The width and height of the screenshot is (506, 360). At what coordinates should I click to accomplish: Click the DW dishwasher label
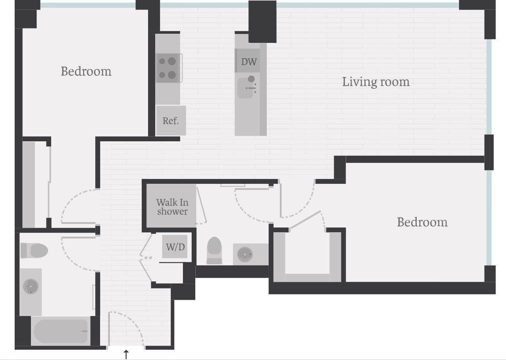point(249,62)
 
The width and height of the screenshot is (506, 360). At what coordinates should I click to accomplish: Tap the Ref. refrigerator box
point(171,121)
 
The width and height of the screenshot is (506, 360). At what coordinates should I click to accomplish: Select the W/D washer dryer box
point(175,247)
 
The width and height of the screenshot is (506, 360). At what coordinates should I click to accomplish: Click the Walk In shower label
point(172,207)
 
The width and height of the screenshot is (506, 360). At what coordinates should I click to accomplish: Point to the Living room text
point(375,82)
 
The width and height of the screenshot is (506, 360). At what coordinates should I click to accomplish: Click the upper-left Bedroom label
point(86,71)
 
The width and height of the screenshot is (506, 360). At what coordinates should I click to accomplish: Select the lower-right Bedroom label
point(422,222)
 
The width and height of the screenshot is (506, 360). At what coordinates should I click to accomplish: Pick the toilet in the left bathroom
point(35,250)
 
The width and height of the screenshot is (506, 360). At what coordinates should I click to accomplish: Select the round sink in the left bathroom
point(31,286)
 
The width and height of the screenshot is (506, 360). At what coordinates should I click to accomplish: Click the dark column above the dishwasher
point(262,21)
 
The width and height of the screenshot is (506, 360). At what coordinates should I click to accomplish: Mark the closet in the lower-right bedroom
point(307,256)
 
